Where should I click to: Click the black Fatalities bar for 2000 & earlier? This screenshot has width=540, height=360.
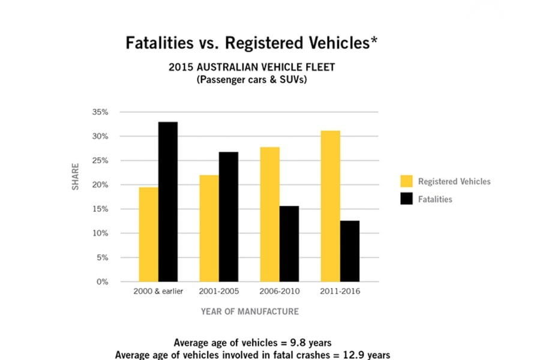tap(168, 202)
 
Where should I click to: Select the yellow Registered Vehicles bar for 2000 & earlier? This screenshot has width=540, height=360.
tap(148, 234)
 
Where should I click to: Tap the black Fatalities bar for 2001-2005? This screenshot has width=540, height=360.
tap(229, 217)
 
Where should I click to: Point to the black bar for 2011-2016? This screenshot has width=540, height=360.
tap(350, 251)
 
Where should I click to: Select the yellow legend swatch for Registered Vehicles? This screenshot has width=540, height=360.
tap(406, 181)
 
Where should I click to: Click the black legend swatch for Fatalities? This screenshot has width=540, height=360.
tap(406, 199)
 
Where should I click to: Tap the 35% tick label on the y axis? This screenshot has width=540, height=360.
tap(100, 112)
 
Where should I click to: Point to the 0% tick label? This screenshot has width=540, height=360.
tap(103, 281)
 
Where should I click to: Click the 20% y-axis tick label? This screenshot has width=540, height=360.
tap(100, 185)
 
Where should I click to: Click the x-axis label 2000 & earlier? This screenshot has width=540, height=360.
tap(158, 292)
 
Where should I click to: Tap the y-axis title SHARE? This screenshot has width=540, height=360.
tap(76, 177)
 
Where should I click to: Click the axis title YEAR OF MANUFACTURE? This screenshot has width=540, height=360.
tap(250, 311)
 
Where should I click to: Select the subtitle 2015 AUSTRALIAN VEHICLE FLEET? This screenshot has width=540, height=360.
tap(251, 67)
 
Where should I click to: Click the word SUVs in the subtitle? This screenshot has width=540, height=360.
tap(291, 80)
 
